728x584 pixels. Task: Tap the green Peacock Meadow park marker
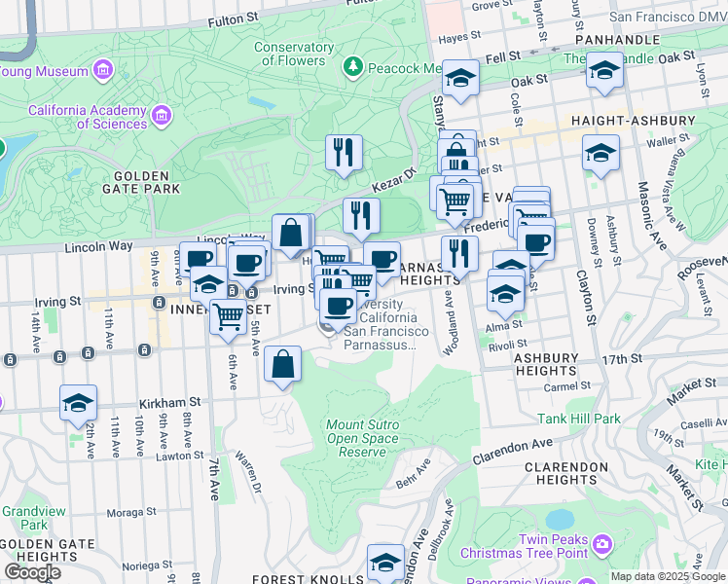click(353, 68)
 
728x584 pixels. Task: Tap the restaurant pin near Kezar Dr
click(343, 152)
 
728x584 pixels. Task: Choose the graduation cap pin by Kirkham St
click(78, 403)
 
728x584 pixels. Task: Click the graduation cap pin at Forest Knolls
click(385, 562)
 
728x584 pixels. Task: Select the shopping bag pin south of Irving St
click(282, 365)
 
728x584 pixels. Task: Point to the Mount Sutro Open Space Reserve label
click(362, 438)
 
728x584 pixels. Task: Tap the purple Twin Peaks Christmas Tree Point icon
click(601, 541)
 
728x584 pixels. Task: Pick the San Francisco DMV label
click(669, 17)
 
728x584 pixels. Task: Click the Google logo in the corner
click(32, 572)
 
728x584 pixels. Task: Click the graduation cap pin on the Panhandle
click(603, 70)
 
